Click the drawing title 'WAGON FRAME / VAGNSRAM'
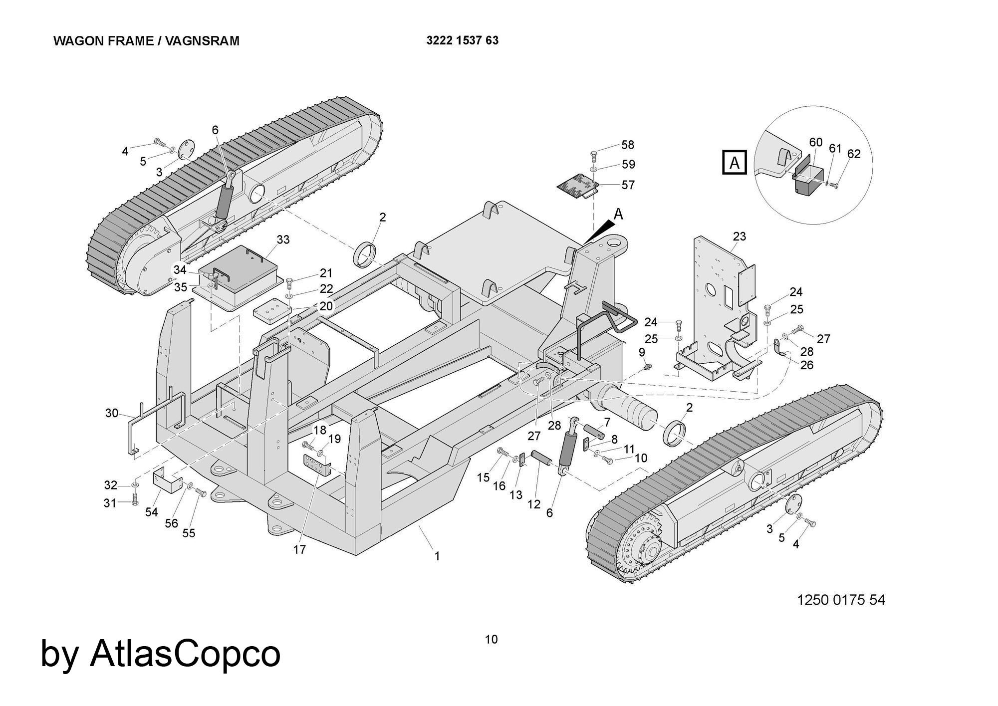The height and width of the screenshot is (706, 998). click(x=146, y=41)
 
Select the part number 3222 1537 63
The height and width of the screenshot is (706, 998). click(x=462, y=40)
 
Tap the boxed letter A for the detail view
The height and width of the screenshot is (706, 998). click(x=735, y=163)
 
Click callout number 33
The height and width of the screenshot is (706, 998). click(x=283, y=239)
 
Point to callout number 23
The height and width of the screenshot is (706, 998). click(x=739, y=236)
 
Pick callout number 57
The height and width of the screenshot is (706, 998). click(x=628, y=185)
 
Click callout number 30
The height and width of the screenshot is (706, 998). click(x=112, y=413)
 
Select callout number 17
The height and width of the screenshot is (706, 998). click(x=299, y=549)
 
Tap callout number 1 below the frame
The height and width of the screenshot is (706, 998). click(x=437, y=556)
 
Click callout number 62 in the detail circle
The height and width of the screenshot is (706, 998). click(x=854, y=154)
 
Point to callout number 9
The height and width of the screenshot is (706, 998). click(x=642, y=353)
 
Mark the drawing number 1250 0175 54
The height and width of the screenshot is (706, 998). click(x=841, y=599)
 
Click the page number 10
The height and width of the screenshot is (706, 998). click(x=492, y=639)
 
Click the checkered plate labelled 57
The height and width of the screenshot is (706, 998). click(x=577, y=186)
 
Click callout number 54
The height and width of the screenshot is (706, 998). click(x=152, y=512)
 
